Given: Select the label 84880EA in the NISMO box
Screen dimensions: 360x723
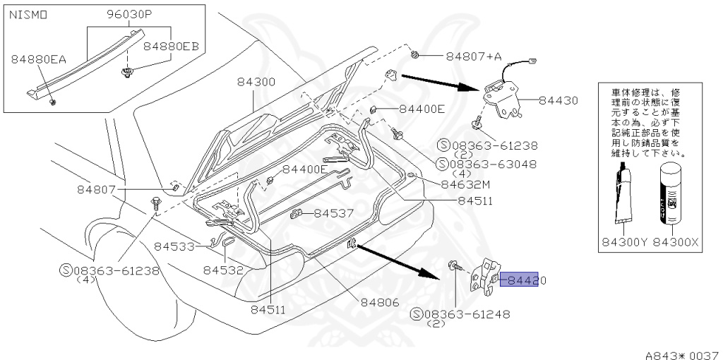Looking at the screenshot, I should pyautogui.click(x=38, y=59).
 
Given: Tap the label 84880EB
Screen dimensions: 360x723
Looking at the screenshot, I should pyautogui.click(x=171, y=47).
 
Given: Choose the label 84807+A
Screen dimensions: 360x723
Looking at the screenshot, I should pyautogui.click(x=473, y=56).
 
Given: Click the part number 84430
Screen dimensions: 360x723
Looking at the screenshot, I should pyautogui.click(x=559, y=101).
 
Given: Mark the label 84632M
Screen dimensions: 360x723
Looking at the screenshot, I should pyautogui.click(x=465, y=184).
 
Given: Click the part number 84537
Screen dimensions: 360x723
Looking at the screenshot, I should pyautogui.click(x=333, y=212).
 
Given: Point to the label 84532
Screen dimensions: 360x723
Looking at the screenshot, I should pyautogui.click(x=223, y=270).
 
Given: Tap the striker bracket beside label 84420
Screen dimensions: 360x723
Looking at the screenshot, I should pyautogui.click(x=485, y=277).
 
